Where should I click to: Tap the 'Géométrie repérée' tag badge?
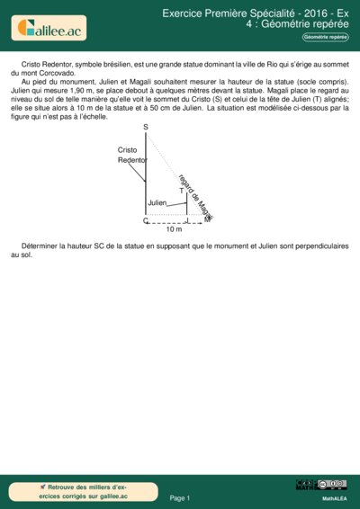325,37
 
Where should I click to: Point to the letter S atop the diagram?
146,129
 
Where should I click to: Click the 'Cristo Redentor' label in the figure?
131,154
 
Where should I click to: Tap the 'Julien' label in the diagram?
157,204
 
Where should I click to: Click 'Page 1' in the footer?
180,497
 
